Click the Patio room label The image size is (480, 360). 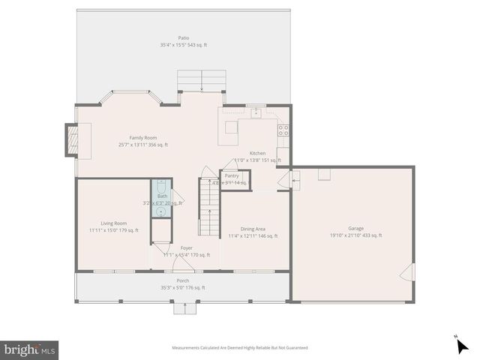click(x=183, y=37)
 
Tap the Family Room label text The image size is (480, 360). click(x=142, y=137)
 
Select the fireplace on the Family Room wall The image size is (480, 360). click(x=73, y=139)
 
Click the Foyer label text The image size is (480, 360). click(x=186, y=247)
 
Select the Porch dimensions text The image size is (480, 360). click(x=182, y=287)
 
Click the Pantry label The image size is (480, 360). click(x=232, y=175)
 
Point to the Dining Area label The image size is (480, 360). click(x=253, y=228)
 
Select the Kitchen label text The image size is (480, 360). click(x=257, y=153)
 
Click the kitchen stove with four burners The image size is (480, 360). click(x=283, y=129)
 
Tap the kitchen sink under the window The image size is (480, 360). click(x=256, y=112)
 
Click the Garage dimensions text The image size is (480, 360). click(x=355, y=235)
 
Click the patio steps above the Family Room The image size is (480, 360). click(x=201, y=80)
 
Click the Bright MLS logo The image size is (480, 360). click(x=30, y=349)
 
